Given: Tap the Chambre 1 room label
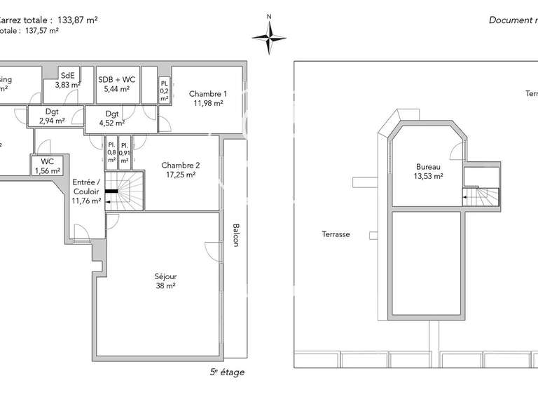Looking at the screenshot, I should [x=208, y=94].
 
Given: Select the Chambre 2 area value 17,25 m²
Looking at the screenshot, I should [x=181, y=175].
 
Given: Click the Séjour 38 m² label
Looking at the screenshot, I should [x=165, y=281].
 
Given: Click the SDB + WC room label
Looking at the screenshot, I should [x=116, y=79].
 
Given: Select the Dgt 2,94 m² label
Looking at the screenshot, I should [x=51, y=116].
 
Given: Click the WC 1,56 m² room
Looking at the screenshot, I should [x=47, y=166].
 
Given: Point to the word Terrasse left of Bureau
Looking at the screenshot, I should [x=336, y=234].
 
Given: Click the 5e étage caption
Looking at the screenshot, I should [x=227, y=372].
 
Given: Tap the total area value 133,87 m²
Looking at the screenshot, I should [x=76, y=20].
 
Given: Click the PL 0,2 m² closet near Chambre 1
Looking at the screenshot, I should [x=164, y=91].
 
